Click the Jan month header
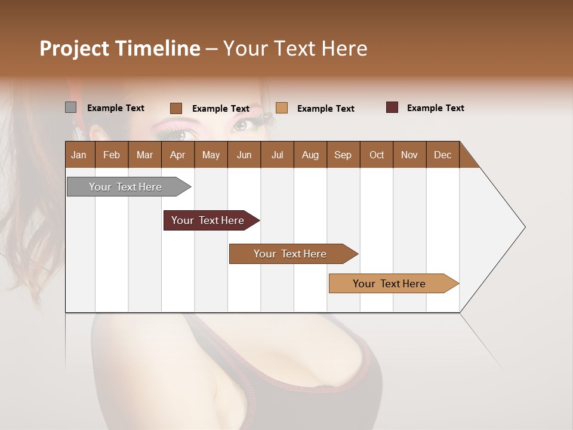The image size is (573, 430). coord(79,155)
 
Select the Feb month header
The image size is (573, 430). coord(112,155)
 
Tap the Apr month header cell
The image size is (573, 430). coord(177,155)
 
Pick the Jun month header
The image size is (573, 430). coord(244,155)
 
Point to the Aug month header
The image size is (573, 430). coord(310,155)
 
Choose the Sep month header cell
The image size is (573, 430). coord(343,155)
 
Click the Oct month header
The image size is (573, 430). coord(377,155)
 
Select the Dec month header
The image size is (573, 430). coord(442,155)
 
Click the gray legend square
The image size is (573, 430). coord(70,107)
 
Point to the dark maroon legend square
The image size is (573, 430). coord(392,107)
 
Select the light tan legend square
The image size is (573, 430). coord(282,107)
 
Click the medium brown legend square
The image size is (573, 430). coord(176,108)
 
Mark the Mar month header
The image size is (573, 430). coord(144,155)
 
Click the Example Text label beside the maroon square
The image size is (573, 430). coord(435,108)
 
